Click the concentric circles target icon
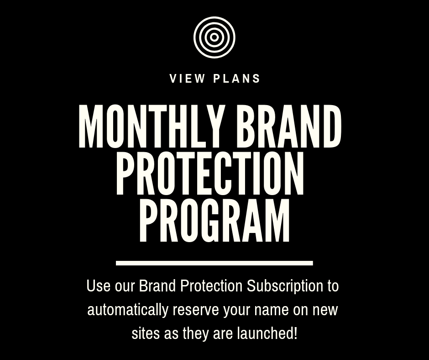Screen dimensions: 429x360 [214, 37]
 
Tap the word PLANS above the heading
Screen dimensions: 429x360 [237, 79]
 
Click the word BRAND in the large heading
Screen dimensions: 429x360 [288, 127]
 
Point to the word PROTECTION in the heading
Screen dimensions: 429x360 [210, 174]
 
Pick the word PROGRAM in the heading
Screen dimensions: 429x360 [214, 221]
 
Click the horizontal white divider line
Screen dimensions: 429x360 [214, 263]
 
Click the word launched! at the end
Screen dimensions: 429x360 [267, 334]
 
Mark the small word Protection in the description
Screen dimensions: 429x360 [211, 286]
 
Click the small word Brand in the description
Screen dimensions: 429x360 [157, 286]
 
